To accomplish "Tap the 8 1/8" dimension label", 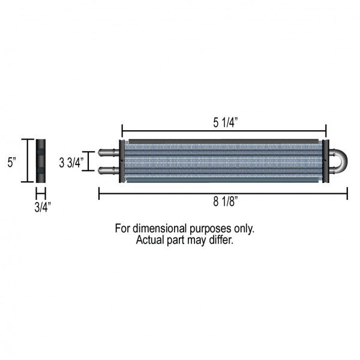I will (x=223, y=202).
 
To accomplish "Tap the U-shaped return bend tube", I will (x=337, y=161).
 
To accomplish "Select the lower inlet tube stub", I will (x=108, y=170).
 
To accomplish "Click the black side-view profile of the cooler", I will (x=41, y=161).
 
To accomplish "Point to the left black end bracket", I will (x=122, y=161).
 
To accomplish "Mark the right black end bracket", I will (x=325, y=161).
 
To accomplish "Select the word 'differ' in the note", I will (x=220, y=239).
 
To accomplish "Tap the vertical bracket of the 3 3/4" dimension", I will (x=89, y=161).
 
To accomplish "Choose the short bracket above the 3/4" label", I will (x=41, y=193).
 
